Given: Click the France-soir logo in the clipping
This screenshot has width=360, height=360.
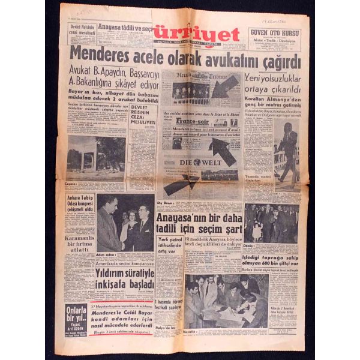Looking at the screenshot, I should [x=189, y=121].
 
